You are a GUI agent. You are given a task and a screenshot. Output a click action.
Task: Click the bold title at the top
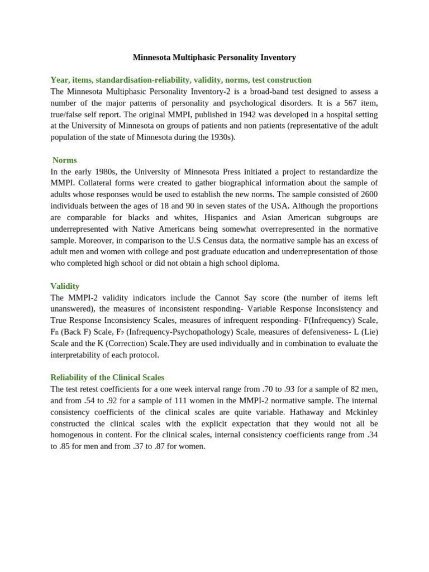coord(214,58)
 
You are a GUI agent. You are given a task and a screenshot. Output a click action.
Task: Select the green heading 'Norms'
coord(65,160)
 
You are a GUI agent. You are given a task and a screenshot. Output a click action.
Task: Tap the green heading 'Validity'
coord(65,286)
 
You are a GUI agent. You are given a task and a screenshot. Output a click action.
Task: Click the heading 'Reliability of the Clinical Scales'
coord(107,378)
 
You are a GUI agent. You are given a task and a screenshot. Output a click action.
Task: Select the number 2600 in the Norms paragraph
coord(366,194)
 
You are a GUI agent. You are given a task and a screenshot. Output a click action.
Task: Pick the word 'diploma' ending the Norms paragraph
coord(265,263)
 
